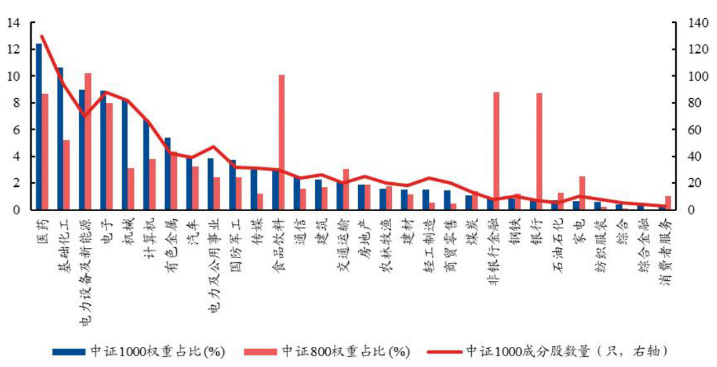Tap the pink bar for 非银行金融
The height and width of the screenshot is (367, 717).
click(x=496, y=151)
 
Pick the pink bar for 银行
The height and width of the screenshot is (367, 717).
click(x=539, y=151)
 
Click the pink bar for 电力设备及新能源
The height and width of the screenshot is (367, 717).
click(x=88, y=141)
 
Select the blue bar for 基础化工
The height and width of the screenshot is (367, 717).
click(x=60, y=138)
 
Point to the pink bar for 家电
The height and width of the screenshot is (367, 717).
click(x=582, y=192)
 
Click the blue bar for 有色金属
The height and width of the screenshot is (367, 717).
click(x=168, y=173)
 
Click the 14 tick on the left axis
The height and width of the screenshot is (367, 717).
click(x=14, y=24)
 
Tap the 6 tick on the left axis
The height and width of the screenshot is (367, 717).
click(x=17, y=130)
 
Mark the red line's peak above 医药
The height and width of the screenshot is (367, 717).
click(x=41, y=36)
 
